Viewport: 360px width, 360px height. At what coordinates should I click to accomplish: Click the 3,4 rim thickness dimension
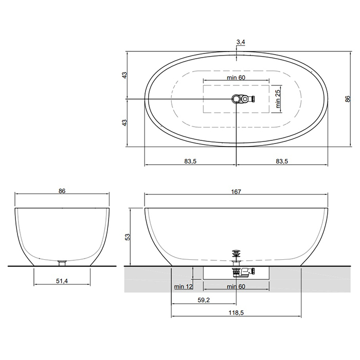241,42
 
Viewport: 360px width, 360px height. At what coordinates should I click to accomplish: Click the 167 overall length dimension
236,192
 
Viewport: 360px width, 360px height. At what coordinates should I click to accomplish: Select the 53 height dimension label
128,237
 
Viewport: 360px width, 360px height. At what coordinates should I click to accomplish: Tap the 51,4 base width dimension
62,281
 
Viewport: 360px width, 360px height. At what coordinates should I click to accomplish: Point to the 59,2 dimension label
204,300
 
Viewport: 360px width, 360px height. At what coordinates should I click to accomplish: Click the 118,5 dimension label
236,313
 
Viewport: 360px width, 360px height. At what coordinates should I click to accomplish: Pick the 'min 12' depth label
183,286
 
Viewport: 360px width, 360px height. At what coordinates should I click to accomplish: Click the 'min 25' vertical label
278,99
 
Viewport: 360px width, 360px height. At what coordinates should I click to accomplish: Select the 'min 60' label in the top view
236,78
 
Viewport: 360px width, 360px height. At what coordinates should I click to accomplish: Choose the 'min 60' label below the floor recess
236,286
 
